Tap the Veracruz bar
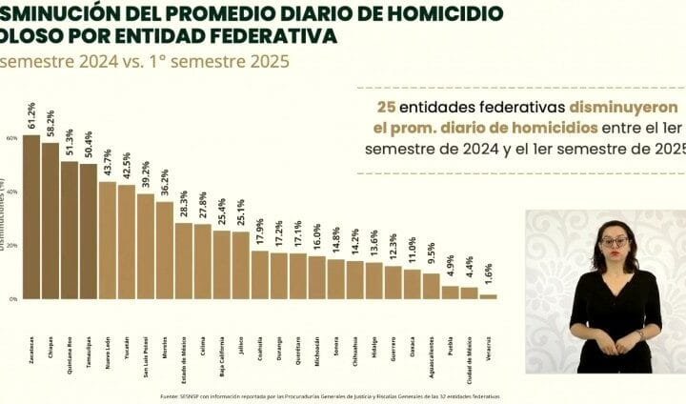[x=488, y=296]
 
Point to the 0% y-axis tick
[x=13, y=299]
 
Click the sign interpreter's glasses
[x=613, y=242]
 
